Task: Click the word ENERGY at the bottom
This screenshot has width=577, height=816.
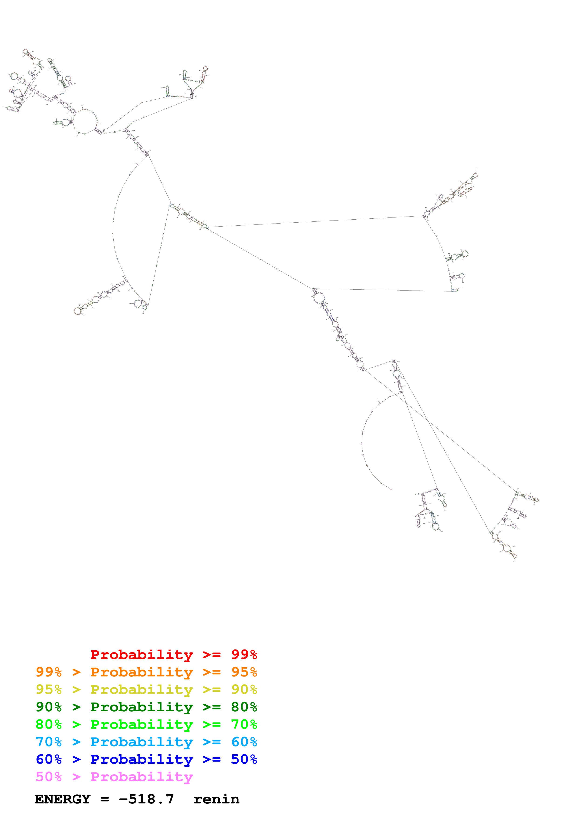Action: (63, 799)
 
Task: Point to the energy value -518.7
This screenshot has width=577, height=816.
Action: (146, 799)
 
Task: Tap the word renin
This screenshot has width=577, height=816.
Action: (216, 799)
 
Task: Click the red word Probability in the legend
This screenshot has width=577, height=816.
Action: (142, 655)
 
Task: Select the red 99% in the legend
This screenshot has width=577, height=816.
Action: (244, 655)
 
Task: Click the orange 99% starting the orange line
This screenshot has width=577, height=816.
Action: (49, 672)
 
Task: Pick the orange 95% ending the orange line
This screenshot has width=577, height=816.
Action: (244, 672)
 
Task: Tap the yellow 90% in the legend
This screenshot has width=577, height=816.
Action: (244, 689)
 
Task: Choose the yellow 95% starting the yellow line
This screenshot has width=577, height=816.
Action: (49, 689)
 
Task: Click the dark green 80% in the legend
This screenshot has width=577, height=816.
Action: (244, 707)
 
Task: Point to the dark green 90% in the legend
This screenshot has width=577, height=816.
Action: (49, 707)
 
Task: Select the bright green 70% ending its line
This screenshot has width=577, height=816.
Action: (244, 724)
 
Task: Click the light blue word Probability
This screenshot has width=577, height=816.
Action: (142, 742)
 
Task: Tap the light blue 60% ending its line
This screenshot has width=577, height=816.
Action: (244, 742)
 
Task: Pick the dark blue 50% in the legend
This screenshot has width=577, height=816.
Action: (244, 759)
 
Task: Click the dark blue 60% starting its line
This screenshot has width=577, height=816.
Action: (49, 759)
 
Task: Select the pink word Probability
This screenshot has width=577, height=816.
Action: (142, 776)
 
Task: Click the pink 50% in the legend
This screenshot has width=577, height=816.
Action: (49, 776)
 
